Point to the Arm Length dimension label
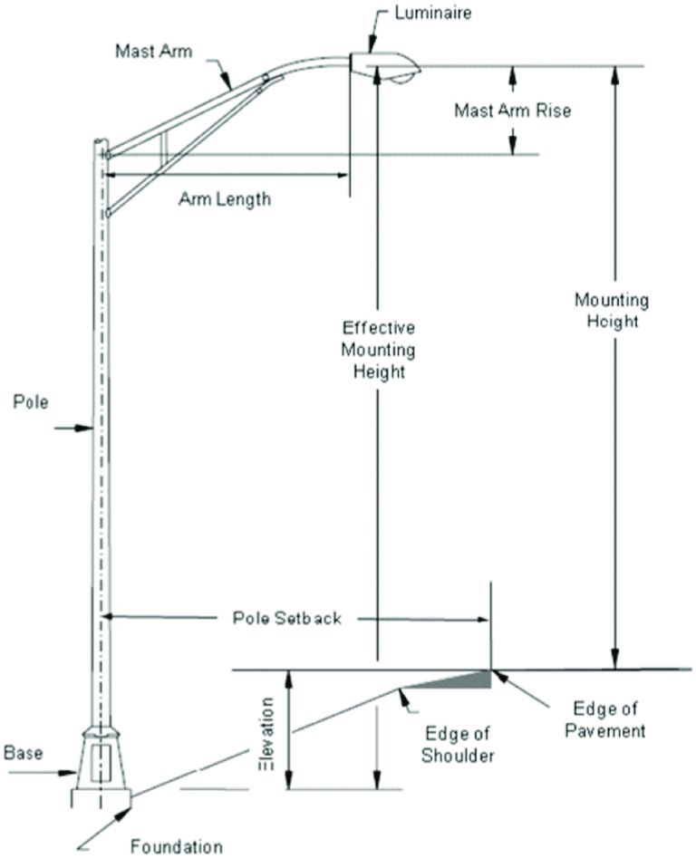[223, 198]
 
